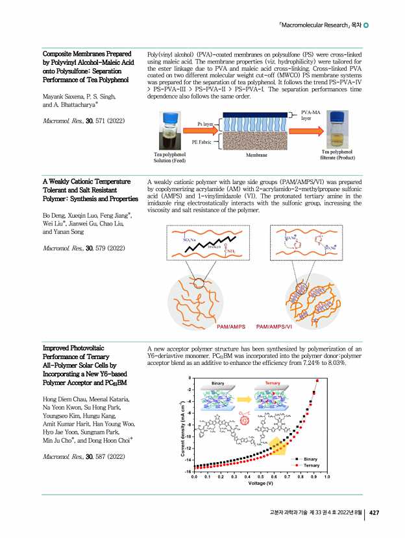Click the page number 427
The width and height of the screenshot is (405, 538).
[374, 513]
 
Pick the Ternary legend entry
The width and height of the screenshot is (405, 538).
[311, 466]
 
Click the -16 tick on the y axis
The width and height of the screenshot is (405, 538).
[188, 471]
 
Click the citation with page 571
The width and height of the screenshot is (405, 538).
[73, 121]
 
